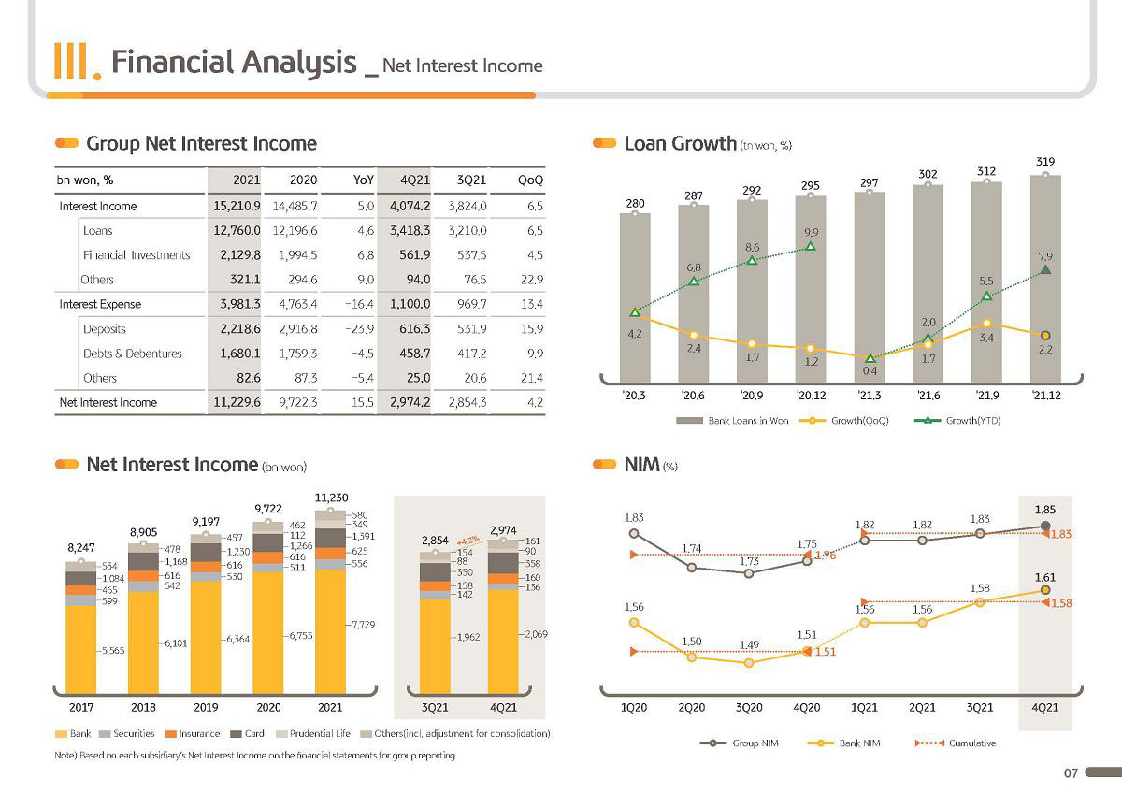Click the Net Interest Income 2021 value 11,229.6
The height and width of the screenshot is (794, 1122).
[x=237, y=402]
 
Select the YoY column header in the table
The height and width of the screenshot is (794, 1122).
[x=363, y=180]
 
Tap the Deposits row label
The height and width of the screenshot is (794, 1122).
[x=104, y=329]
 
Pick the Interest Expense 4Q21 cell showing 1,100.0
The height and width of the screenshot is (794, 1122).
[x=410, y=304]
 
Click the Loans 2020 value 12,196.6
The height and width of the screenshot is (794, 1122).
[x=295, y=230]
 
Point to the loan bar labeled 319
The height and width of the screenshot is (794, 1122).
[x=1045, y=279]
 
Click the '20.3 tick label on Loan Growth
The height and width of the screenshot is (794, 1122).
[x=634, y=396]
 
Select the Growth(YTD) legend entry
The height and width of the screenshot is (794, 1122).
[x=957, y=420]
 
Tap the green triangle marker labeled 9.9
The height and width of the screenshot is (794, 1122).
[x=811, y=246]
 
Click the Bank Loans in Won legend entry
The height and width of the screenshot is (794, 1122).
[x=732, y=421]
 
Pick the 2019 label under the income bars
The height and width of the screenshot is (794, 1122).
[x=206, y=707]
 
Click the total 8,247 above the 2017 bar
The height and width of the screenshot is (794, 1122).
[x=81, y=547]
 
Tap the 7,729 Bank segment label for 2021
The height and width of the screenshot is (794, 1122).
[x=363, y=625]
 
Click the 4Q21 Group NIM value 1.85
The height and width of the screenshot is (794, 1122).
[x=1045, y=510]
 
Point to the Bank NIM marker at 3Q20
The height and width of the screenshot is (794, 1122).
[x=749, y=663]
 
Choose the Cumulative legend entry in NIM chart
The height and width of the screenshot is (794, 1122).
[x=956, y=743]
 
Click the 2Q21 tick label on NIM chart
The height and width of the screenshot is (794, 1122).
[x=922, y=707]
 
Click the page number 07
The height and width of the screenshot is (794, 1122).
[x=1071, y=773]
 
